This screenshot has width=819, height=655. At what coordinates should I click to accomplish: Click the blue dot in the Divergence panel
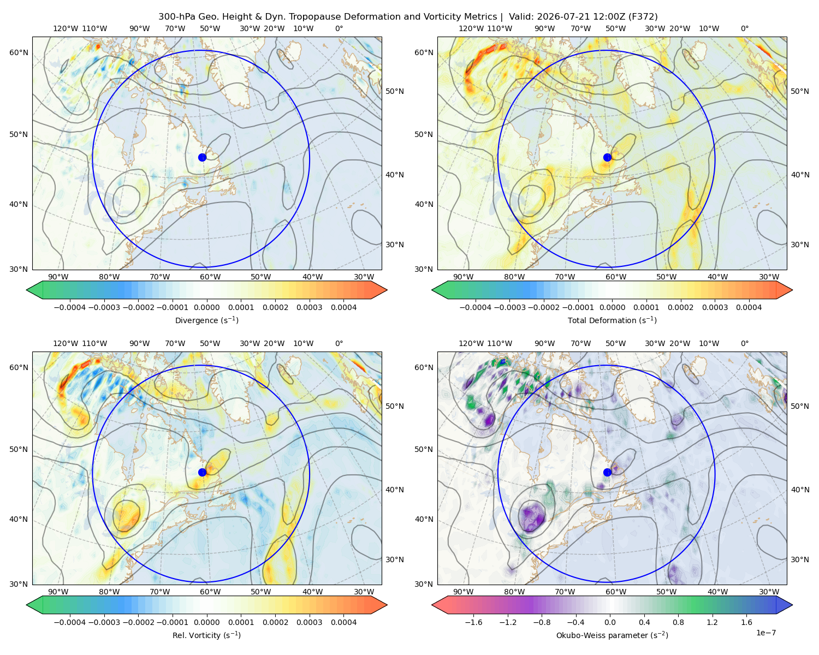click(202, 157)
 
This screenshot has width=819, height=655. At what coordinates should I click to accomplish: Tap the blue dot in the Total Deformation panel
click(607, 157)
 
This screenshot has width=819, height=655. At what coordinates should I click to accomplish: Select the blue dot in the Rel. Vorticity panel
click(202, 472)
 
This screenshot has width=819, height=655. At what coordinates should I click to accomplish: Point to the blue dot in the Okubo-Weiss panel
click(607, 472)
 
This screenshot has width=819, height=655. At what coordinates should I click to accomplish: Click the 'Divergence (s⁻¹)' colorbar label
click(206, 320)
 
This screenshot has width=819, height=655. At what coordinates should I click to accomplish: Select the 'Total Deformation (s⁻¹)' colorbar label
click(612, 320)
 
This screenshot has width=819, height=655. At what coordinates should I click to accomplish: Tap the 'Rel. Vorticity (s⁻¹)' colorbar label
click(206, 635)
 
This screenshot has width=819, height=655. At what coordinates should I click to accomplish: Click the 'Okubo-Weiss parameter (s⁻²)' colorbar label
click(612, 635)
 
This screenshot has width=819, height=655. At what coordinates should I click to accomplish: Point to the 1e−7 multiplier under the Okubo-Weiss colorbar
click(765, 633)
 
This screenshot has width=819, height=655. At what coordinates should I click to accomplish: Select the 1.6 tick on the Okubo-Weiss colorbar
click(746, 622)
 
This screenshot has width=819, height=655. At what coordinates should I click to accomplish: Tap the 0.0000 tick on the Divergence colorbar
click(206, 307)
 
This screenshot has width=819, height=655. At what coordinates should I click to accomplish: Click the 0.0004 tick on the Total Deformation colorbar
click(749, 307)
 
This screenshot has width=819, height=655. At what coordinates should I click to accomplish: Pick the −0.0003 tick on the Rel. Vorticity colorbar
click(104, 622)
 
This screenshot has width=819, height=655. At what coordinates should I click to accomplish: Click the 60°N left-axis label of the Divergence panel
click(19, 52)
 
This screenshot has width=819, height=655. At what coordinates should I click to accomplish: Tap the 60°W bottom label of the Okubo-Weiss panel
click(616, 592)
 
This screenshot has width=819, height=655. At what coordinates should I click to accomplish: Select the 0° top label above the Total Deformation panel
click(745, 28)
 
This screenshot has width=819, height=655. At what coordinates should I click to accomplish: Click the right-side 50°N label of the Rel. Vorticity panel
click(395, 406)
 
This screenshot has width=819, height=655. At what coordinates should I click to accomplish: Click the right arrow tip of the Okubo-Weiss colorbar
click(792, 605)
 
